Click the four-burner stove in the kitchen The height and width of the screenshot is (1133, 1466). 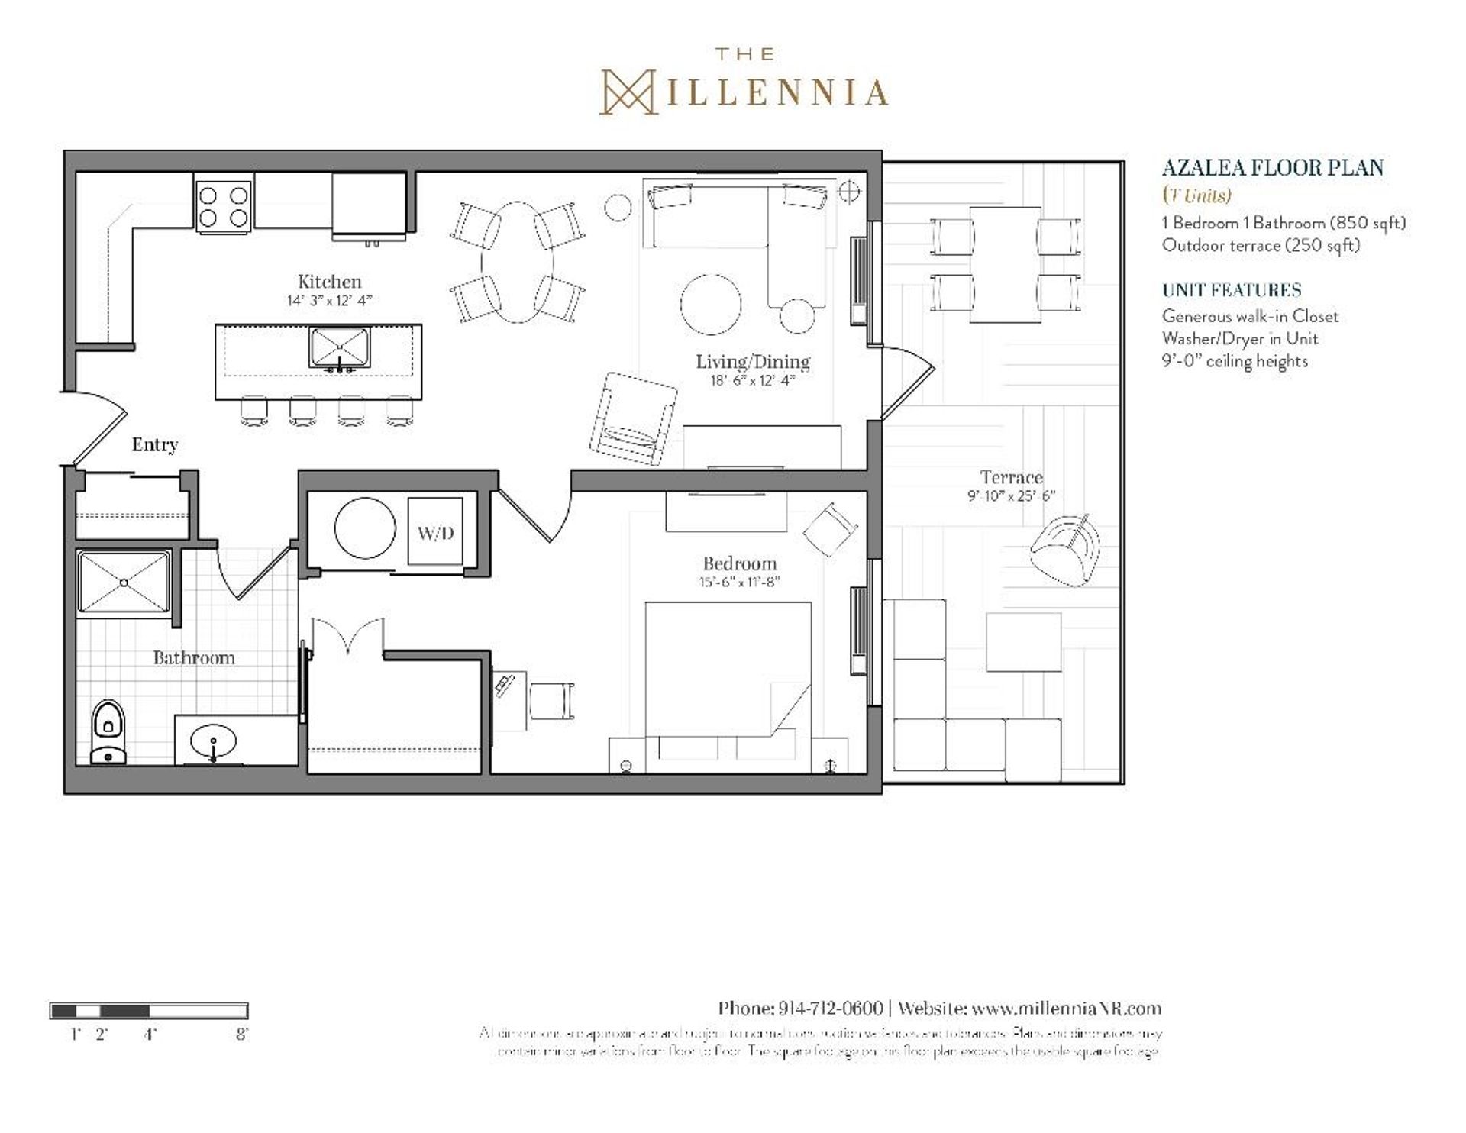(x=223, y=206)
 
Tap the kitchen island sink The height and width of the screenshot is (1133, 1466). (x=340, y=349)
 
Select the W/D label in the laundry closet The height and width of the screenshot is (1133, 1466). (x=435, y=533)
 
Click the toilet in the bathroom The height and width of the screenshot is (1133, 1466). (x=108, y=731)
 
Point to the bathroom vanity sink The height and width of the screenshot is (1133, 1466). (x=213, y=741)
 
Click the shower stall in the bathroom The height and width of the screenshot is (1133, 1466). (x=124, y=582)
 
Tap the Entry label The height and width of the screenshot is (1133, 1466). (x=154, y=445)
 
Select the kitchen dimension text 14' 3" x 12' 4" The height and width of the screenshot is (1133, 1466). (x=329, y=301)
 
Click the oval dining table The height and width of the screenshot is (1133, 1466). (x=518, y=262)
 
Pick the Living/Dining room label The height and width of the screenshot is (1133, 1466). (x=752, y=362)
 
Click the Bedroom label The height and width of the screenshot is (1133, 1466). (x=739, y=564)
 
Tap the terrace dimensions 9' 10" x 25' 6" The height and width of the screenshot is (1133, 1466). (x=1011, y=496)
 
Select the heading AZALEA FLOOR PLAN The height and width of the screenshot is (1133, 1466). (x=1272, y=168)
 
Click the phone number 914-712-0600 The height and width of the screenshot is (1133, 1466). (x=829, y=1009)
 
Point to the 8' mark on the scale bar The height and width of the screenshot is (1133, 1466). (x=242, y=1035)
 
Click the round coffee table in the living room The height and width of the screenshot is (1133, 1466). (x=711, y=305)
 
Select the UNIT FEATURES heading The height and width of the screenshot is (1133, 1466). (x=1231, y=290)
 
